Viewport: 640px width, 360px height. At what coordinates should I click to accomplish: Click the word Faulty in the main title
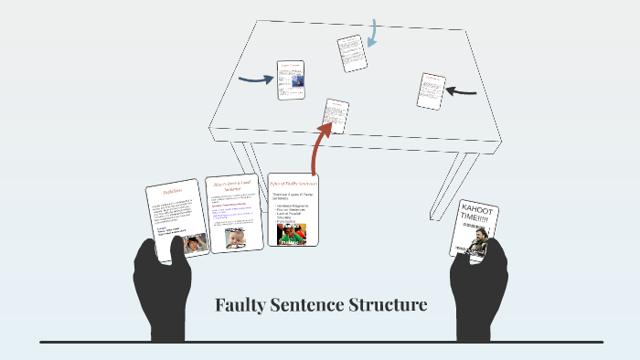[240, 304]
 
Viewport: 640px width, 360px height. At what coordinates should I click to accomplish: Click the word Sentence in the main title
[307, 304]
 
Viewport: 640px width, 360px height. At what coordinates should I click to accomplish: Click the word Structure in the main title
[389, 304]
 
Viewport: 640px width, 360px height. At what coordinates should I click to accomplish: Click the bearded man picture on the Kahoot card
[480, 244]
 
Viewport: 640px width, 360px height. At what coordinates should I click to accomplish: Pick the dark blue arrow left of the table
[255, 79]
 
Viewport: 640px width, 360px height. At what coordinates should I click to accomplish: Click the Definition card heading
[174, 192]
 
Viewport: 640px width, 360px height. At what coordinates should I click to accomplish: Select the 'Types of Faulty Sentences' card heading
[293, 185]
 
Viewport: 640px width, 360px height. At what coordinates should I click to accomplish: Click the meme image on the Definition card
[195, 244]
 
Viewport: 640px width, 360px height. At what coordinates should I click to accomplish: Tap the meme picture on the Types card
[293, 234]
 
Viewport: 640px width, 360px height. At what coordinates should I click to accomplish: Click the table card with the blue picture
[291, 80]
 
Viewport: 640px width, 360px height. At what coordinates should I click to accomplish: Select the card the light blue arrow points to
[351, 53]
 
